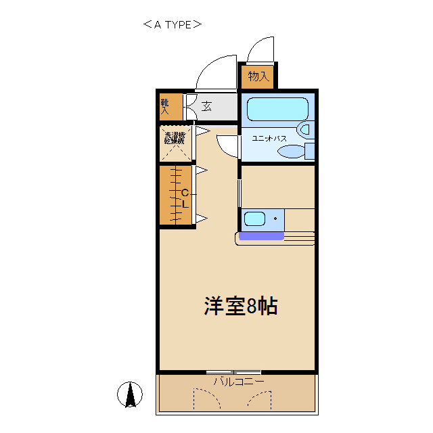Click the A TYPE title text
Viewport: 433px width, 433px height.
[173, 25]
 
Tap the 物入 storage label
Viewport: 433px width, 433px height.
[258, 76]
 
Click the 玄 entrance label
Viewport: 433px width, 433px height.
[207, 107]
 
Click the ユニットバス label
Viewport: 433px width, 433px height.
[269, 138]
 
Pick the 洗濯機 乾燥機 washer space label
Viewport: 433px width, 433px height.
[174, 138]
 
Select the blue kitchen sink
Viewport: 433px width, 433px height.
[255, 219]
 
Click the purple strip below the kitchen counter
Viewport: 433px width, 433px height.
[260, 236]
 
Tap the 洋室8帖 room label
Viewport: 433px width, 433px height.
[241, 306]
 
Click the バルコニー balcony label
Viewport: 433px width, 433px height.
[238, 382]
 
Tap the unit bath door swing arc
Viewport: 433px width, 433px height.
[227, 145]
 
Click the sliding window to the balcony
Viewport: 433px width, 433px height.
[233, 372]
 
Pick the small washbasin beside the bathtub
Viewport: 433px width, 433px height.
[304, 129]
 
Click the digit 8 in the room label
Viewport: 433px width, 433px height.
[252, 306]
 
